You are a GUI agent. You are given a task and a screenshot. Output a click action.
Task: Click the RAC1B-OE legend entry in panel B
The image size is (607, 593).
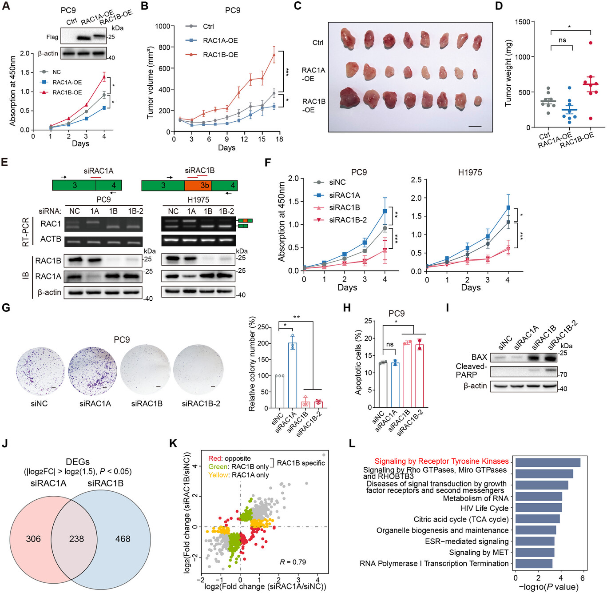(x=220, y=55)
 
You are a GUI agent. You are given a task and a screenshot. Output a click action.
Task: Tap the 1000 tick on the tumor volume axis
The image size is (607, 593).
(x=163, y=26)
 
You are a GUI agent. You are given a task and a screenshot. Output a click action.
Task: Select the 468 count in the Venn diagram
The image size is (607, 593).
(x=123, y=539)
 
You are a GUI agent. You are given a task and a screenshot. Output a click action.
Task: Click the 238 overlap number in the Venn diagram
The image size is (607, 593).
(x=76, y=539)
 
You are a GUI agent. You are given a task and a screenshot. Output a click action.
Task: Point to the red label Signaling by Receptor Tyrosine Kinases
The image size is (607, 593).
(x=441, y=461)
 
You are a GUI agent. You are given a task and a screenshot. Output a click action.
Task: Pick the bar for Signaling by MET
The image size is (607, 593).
(x=535, y=553)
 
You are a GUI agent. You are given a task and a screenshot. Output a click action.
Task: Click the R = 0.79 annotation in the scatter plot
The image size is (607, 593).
(x=293, y=562)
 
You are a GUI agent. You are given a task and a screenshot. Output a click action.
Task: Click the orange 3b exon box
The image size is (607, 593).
(x=198, y=185)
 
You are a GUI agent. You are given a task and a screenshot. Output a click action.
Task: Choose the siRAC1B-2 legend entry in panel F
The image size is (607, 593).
(x=347, y=220)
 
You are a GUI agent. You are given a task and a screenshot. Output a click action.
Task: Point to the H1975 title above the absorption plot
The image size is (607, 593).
(x=470, y=172)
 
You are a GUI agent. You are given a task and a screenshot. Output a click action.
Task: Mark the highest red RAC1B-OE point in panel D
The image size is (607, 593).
(x=591, y=43)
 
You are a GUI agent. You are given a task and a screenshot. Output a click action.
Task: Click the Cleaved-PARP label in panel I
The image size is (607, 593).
(x=471, y=370)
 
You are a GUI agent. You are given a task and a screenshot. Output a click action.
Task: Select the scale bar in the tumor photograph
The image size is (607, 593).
(x=475, y=127)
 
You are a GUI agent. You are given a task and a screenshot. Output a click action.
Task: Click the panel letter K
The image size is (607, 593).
(x=174, y=444)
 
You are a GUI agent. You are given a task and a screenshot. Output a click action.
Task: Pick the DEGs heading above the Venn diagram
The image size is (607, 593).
(x=77, y=462)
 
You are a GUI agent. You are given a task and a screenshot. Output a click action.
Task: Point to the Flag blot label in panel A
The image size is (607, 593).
(x=52, y=37)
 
